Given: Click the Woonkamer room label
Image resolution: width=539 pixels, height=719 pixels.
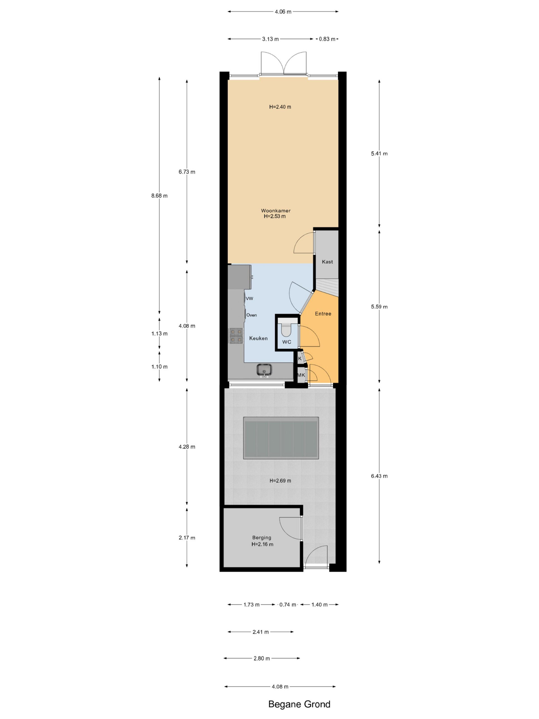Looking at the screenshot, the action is pyautogui.click(x=275, y=211).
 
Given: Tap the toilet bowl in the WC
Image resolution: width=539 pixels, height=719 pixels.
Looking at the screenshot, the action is pyautogui.click(x=286, y=329).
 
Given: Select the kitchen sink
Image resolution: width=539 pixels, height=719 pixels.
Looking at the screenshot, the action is pyautogui.click(x=264, y=370).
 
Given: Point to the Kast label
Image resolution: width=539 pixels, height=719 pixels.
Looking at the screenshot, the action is pyautogui.click(x=327, y=262).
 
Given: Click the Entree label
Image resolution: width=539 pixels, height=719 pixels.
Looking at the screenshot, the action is pyautogui.click(x=323, y=314).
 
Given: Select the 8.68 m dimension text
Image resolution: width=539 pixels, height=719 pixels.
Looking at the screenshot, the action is pyautogui.click(x=159, y=196).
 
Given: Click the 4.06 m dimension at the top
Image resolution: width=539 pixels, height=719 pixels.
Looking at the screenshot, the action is pyautogui.click(x=283, y=12).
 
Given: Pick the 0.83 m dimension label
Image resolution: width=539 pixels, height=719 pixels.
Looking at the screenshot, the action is pyautogui.click(x=327, y=39).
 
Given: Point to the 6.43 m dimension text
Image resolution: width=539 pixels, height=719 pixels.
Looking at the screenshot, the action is pyautogui.click(x=379, y=476).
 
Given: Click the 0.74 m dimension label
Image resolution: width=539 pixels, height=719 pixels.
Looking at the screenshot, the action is pyautogui.click(x=288, y=605).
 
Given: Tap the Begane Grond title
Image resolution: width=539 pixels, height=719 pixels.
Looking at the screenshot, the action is pyautogui.click(x=299, y=704).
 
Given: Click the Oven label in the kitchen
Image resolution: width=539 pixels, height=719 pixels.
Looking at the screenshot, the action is pyautogui.click(x=252, y=315).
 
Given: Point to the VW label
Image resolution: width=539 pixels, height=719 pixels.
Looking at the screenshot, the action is pyautogui.click(x=249, y=298).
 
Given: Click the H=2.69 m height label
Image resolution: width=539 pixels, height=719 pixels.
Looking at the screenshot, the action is pyautogui.click(x=280, y=481).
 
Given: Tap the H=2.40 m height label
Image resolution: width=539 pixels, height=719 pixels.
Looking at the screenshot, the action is pyautogui.click(x=280, y=107).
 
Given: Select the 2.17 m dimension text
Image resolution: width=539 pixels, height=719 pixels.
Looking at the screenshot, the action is pyautogui.click(x=187, y=538).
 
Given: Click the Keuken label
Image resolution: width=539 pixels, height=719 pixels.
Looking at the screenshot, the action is pyautogui.click(x=258, y=338).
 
